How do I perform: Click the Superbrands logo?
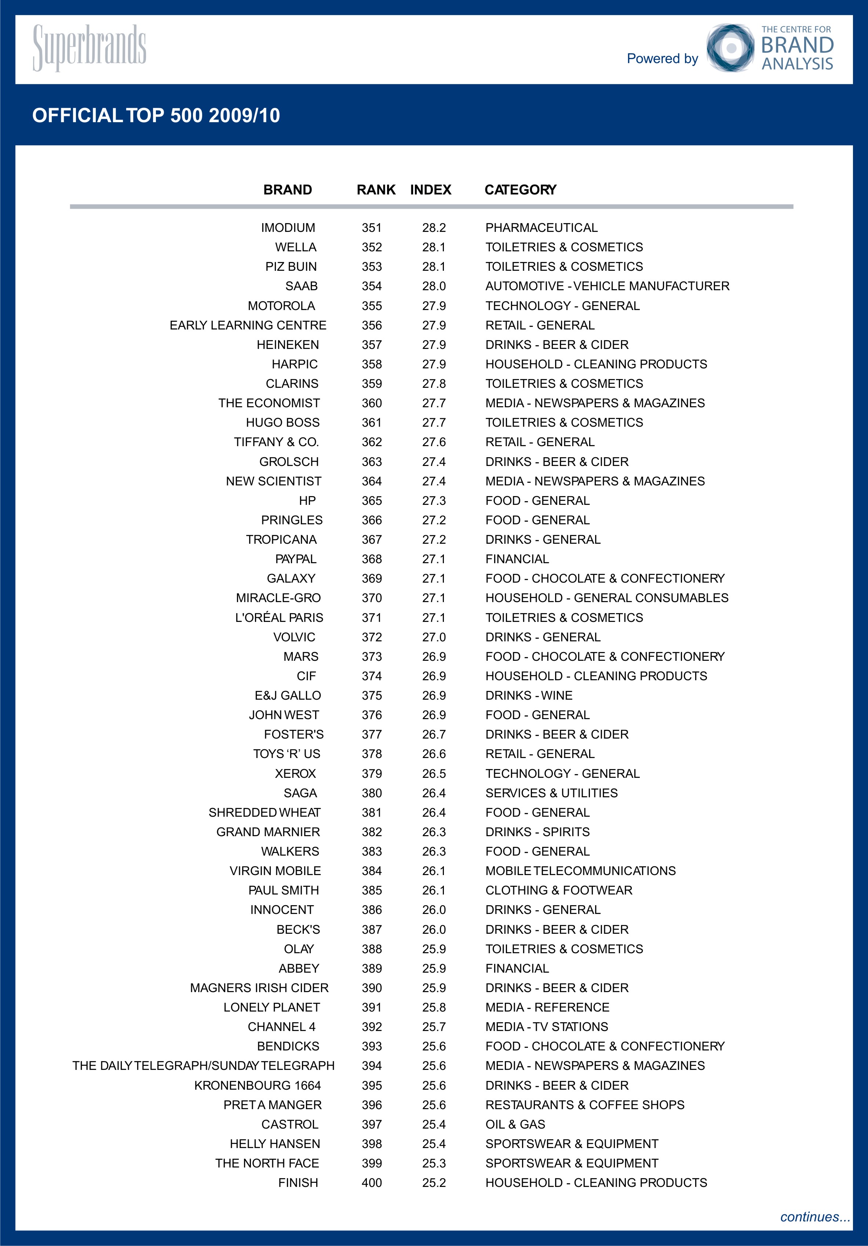pyautogui.click(x=90, y=47)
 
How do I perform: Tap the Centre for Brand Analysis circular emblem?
pyautogui.click(x=730, y=48)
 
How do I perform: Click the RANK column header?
pyautogui.click(x=376, y=189)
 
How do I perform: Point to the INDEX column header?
pyautogui.click(x=431, y=189)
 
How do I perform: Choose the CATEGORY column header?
pyautogui.click(x=520, y=189)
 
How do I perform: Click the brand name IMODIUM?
pyautogui.click(x=288, y=227)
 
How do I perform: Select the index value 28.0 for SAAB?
pyautogui.click(x=434, y=286)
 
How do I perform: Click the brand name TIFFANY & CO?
pyautogui.click(x=276, y=442)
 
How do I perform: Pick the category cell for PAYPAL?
pyautogui.click(x=517, y=559)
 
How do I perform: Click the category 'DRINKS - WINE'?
pyautogui.click(x=529, y=695)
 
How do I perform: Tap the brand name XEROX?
pyautogui.click(x=295, y=773)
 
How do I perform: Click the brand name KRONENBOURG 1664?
pyautogui.click(x=258, y=1085)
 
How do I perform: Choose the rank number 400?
pyautogui.click(x=372, y=1183)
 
